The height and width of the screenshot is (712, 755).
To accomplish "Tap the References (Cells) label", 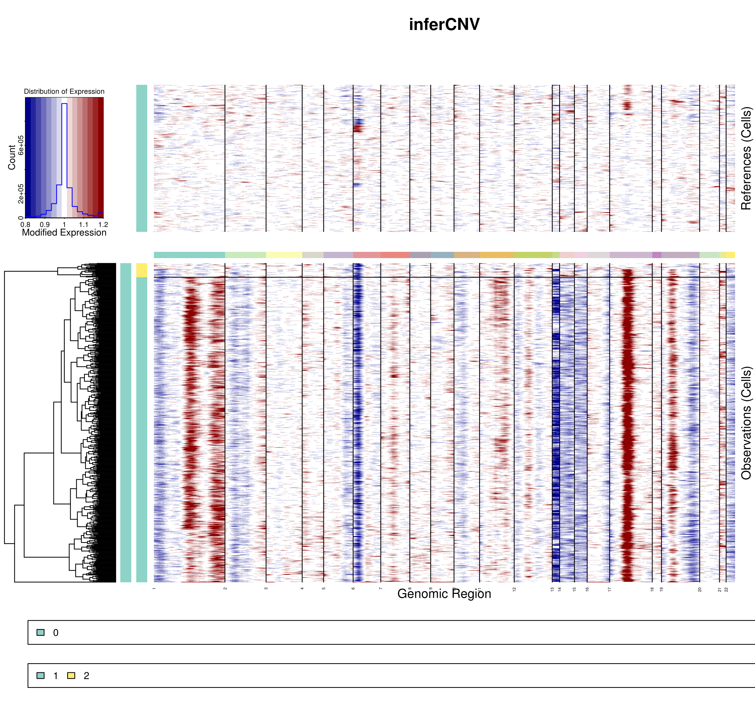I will tap(746, 158).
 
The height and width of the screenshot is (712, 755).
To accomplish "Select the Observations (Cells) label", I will tap(746, 423).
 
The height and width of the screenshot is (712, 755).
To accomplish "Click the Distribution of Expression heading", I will tap(64, 91).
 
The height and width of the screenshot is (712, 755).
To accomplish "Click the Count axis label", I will tap(12, 157).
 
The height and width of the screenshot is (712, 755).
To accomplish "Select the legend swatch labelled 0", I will tap(40, 632).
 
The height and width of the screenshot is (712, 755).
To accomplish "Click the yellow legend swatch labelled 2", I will tap(71, 676).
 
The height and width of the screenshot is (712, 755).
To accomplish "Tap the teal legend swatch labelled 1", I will tap(40, 676).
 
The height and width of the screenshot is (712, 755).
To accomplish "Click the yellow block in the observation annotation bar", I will tap(141, 270).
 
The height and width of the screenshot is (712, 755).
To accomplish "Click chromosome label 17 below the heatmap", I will tap(610, 589).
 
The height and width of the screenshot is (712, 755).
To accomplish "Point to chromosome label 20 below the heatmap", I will tap(700, 589).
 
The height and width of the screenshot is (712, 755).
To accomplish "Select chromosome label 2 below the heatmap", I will tap(225, 589).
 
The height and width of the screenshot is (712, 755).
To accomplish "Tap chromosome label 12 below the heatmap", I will tap(514, 589).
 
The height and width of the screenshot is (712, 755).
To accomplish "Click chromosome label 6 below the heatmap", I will tap(353, 589).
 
